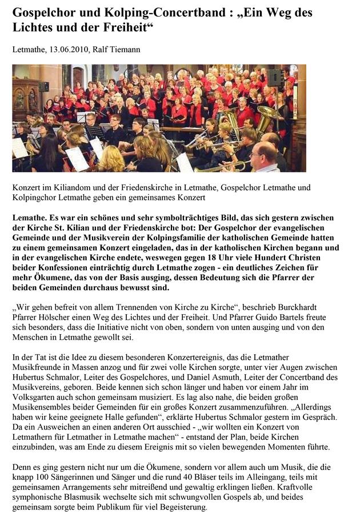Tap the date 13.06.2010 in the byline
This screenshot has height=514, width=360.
68,50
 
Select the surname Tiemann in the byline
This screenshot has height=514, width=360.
123,50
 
